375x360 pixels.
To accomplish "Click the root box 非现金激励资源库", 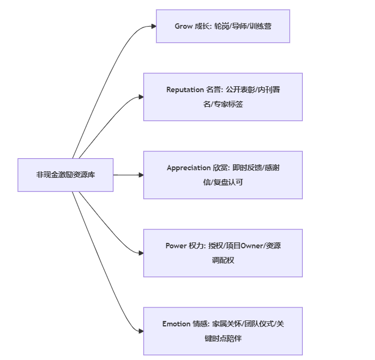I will [x=65, y=175].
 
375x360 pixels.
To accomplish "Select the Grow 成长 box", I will [x=223, y=26].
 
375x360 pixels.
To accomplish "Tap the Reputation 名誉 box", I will [x=223, y=97].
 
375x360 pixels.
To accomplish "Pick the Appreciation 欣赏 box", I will [x=223, y=175].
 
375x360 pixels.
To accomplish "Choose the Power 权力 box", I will [x=223, y=253].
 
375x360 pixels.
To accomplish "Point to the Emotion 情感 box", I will [x=223, y=331].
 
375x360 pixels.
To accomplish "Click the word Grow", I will [x=183, y=26].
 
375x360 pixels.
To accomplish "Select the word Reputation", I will [x=185, y=90].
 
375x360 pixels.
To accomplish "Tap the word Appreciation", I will [x=188, y=168].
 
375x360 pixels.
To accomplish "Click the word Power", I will [x=176, y=246].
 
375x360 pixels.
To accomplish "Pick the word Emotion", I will [x=176, y=324].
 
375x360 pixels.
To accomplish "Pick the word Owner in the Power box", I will [x=252, y=246].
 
